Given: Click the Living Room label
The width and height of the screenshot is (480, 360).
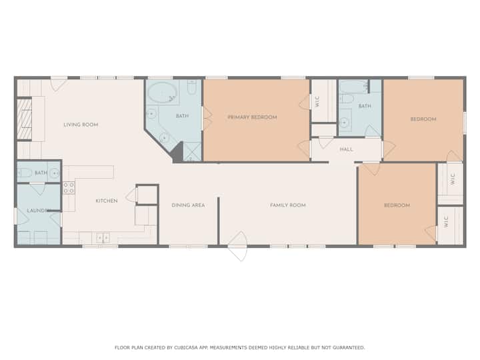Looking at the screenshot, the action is click(81, 125).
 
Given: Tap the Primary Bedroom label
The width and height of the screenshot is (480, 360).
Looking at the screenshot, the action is click(252, 117).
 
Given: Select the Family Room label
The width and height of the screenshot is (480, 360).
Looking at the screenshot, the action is click(288, 205).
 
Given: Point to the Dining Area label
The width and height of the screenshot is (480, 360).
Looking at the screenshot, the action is click(188, 205).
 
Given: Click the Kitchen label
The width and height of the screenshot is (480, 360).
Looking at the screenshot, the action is click(107, 201).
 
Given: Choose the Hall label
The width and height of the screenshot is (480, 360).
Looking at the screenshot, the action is click(346, 149).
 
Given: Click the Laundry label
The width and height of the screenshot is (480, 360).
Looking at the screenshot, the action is click(38, 211).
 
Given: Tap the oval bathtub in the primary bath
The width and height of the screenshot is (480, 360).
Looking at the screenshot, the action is click(162, 92).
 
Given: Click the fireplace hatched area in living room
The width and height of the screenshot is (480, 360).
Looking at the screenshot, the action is click(24, 119).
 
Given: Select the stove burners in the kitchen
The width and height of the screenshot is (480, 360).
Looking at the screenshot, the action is click(69, 188).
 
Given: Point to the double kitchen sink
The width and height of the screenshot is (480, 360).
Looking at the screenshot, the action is click(103, 237).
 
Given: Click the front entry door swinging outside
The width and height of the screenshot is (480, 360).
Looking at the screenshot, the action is click(238, 246).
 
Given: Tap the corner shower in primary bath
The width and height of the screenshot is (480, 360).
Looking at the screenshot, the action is click(192, 152).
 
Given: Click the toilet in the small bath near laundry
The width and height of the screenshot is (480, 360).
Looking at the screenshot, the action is click(25, 173).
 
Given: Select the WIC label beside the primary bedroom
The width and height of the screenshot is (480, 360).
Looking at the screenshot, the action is click(317, 101).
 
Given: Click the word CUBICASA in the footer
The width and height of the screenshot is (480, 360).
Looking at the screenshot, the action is click(187, 347).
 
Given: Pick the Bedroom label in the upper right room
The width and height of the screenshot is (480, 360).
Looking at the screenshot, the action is click(423, 119).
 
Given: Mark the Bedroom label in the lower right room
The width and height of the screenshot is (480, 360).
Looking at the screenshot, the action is click(397, 205).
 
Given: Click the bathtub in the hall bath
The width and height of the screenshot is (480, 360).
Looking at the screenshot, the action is click(354, 87).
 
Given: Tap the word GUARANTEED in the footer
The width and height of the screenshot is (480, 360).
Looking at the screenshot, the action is click(349, 347).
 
